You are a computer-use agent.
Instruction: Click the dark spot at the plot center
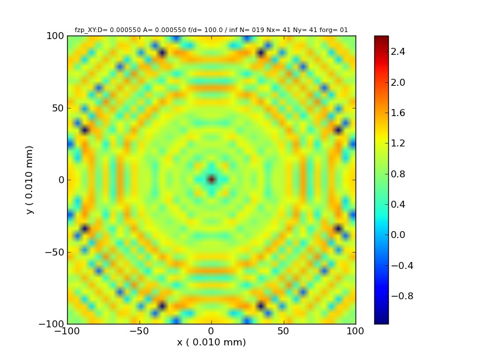pyautogui.click(x=211, y=180)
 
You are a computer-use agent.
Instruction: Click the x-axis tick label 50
pyautogui.click(x=283, y=331)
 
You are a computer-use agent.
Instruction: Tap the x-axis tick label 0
pyautogui.click(x=211, y=331)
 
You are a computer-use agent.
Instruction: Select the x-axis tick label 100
pyautogui.click(x=355, y=331)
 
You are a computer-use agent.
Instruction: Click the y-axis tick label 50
pyautogui.click(x=55, y=108)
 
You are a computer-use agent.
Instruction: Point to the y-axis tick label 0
pyautogui.click(x=60, y=180)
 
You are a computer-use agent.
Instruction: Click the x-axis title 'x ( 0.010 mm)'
pyautogui.click(x=211, y=342)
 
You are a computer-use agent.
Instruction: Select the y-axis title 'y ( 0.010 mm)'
pyautogui.click(x=29, y=180)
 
